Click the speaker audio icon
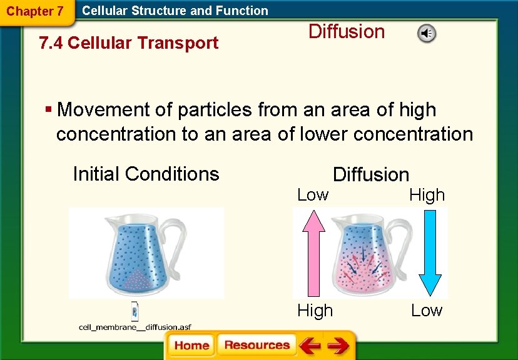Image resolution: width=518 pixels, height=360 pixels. [x=427, y=34]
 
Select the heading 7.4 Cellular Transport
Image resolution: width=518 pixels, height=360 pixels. [x=128, y=43]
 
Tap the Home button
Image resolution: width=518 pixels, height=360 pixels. [x=191, y=345]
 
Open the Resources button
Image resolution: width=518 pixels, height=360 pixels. [x=256, y=345]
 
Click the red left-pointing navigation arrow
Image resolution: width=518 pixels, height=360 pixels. [x=310, y=345]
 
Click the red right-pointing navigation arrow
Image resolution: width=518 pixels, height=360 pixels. [x=338, y=345]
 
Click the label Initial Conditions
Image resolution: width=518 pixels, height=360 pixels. [x=146, y=174]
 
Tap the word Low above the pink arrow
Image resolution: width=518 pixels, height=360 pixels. [x=312, y=195]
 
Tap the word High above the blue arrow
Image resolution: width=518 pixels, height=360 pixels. [x=427, y=195]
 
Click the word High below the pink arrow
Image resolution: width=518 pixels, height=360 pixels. [x=315, y=310]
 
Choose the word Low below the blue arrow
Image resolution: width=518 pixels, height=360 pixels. [x=426, y=310]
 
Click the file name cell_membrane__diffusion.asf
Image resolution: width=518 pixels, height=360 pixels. [x=134, y=326]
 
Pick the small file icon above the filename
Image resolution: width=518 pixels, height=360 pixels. [x=134, y=311]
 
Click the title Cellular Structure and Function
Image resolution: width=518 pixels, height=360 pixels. [x=175, y=11]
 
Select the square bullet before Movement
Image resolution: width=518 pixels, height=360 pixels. [x=48, y=110]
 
